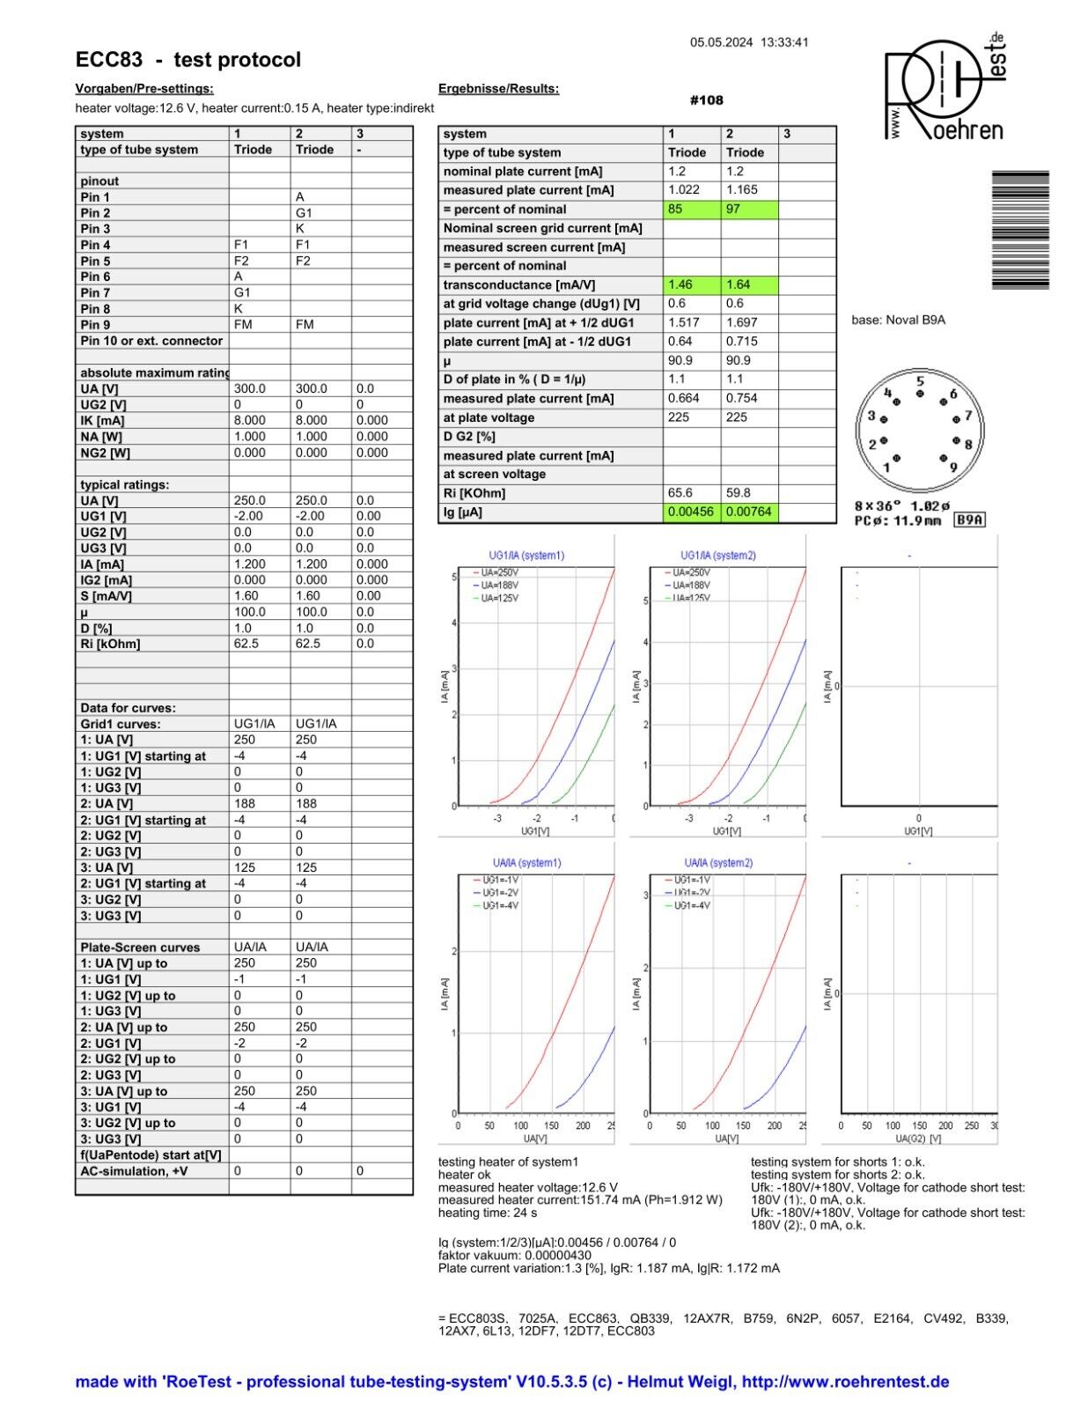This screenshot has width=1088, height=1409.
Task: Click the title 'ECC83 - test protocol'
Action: point(188,60)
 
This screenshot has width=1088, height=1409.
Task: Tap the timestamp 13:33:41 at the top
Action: point(784,42)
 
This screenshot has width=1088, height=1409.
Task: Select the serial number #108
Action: point(707,100)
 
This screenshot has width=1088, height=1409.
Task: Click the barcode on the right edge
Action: point(1020,230)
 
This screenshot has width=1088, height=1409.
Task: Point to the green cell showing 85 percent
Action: point(691,210)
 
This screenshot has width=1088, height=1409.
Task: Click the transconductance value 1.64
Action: point(749,284)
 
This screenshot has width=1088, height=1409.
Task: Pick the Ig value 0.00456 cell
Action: point(691,512)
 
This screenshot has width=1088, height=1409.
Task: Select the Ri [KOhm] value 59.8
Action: point(749,493)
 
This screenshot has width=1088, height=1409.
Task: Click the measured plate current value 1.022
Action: point(691,190)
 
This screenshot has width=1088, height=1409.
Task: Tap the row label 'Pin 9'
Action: point(96,325)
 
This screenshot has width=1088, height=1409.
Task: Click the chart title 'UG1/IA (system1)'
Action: point(526,556)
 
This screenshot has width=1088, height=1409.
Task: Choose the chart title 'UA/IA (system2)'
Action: point(718,863)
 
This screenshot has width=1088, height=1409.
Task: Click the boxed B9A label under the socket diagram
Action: point(970,520)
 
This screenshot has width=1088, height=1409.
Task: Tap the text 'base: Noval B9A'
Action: point(898,321)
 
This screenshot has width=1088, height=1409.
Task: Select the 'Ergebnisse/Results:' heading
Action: point(498,89)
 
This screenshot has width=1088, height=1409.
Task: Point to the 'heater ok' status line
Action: point(465,1175)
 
